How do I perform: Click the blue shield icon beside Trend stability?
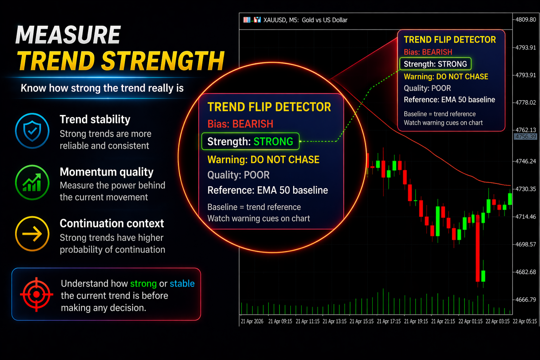pos(32,131)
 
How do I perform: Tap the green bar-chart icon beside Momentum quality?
pos(32,182)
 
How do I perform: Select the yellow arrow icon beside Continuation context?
pos(32,234)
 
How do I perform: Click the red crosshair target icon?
pos(37,294)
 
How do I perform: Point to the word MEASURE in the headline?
pos(68,35)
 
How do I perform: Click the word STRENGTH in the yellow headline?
pos(163,61)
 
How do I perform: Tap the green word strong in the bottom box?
pos(143,284)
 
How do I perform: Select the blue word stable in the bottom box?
pos(182,284)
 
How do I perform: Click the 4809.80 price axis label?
pos(526,20)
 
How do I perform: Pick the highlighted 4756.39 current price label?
pos(526,137)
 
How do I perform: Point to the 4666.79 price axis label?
pos(526,300)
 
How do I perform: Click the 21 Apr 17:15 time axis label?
pos(388,321)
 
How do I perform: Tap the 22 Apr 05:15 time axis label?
pos(525,321)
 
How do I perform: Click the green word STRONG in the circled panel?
pos(274,142)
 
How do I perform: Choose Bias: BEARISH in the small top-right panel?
pos(428,52)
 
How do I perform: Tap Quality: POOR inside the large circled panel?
pos(238,175)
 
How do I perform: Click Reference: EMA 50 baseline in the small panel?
pos(449,99)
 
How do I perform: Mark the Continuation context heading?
pos(112,224)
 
